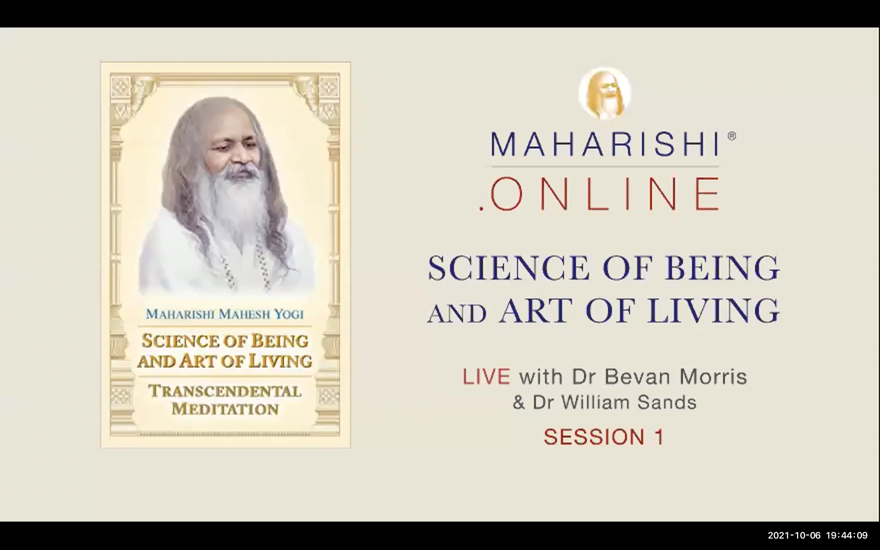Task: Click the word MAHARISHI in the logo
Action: (x=604, y=144)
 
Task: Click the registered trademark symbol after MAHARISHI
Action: (x=731, y=136)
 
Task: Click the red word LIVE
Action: (x=486, y=377)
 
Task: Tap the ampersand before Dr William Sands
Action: (x=518, y=402)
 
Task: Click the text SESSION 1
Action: (x=604, y=437)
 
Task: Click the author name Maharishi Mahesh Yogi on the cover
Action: (x=225, y=314)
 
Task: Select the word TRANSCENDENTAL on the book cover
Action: (x=225, y=391)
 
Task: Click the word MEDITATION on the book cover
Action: (x=225, y=409)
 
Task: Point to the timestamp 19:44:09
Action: (x=847, y=535)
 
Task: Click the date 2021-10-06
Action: (x=794, y=535)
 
